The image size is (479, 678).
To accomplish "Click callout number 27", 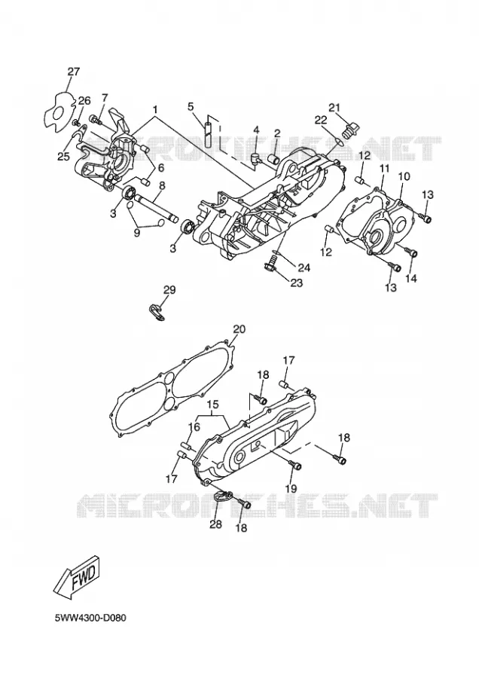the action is (x=74, y=72).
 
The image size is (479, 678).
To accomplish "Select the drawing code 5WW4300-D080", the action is (x=90, y=618).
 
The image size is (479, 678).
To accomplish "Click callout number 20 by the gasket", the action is (x=239, y=329).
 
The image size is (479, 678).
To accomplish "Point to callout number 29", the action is (x=169, y=290).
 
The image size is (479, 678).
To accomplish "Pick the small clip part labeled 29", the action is (x=154, y=312).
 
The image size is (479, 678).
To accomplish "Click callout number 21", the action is (x=334, y=107).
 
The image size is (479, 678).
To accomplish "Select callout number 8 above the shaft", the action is (x=162, y=185).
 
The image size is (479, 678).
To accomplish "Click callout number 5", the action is (x=191, y=106).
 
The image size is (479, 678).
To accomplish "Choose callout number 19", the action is (x=291, y=489).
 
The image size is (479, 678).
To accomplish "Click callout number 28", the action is (x=215, y=524).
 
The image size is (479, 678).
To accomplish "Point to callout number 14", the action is (x=411, y=279).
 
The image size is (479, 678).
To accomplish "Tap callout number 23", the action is (x=296, y=283).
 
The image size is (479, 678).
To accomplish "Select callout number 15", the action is (x=212, y=405).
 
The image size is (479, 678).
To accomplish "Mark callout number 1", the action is (x=154, y=107).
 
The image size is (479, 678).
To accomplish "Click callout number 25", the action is (x=63, y=157).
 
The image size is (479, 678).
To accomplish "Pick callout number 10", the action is (x=404, y=176).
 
